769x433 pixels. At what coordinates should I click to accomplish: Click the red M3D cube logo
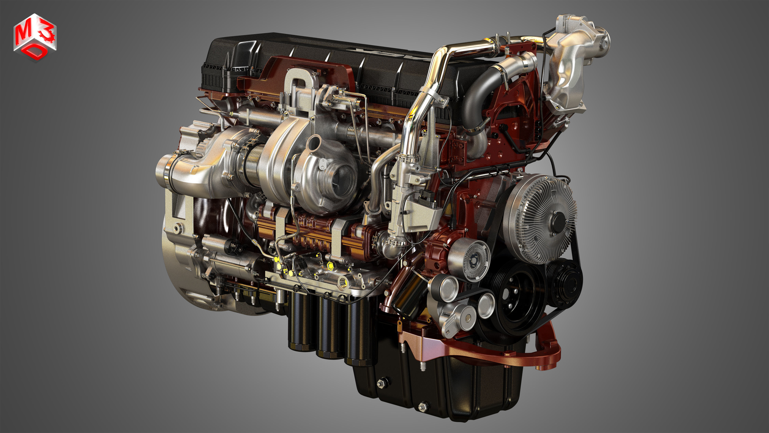[x=35, y=37]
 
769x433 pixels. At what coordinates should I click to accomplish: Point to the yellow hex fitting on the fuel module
[x=330, y=264]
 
